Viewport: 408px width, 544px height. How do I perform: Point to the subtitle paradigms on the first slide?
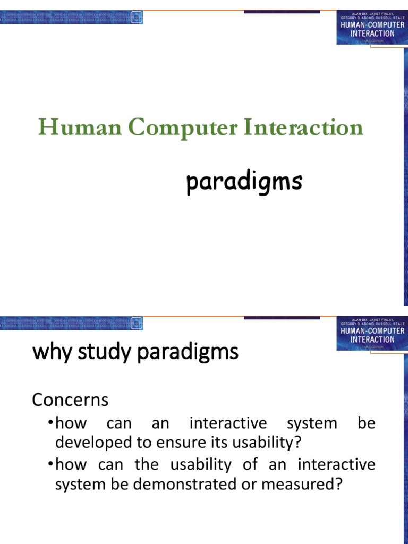[x=244, y=183]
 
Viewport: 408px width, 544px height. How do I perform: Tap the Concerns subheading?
[x=70, y=399]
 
